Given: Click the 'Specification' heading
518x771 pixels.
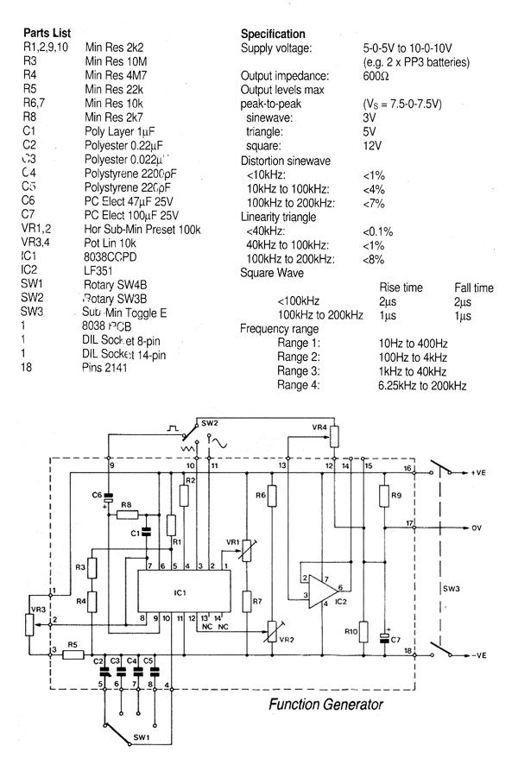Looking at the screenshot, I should click(273, 34).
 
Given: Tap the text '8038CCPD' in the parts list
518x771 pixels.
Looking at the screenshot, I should click(110, 256).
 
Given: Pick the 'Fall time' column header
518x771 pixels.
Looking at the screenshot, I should click(474, 288).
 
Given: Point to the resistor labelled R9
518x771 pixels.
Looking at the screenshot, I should click(382, 496).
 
